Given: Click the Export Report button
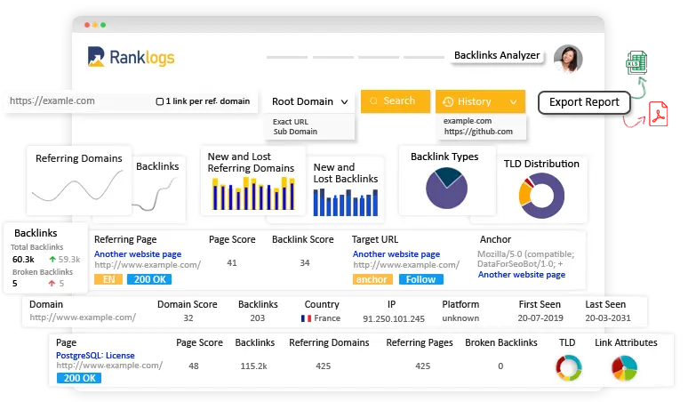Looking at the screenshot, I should (x=583, y=102).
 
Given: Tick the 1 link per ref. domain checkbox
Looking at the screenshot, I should (x=159, y=101).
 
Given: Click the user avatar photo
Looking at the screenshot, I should (x=567, y=59).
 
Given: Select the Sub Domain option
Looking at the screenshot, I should (x=294, y=132).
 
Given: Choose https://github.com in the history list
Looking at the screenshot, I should (x=477, y=132).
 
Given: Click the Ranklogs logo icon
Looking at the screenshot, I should (x=97, y=58).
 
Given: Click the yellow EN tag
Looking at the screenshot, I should (x=107, y=279).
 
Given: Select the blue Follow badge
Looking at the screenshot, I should (x=420, y=279).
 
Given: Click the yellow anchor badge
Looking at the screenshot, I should (x=372, y=279).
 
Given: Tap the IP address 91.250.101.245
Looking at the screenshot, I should (x=394, y=318).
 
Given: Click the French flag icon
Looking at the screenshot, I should (x=306, y=318).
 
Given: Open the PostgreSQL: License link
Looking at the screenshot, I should (x=95, y=355).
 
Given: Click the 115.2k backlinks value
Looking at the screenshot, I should (x=254, y=366).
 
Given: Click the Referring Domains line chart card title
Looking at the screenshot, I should (x=79, y=158).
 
